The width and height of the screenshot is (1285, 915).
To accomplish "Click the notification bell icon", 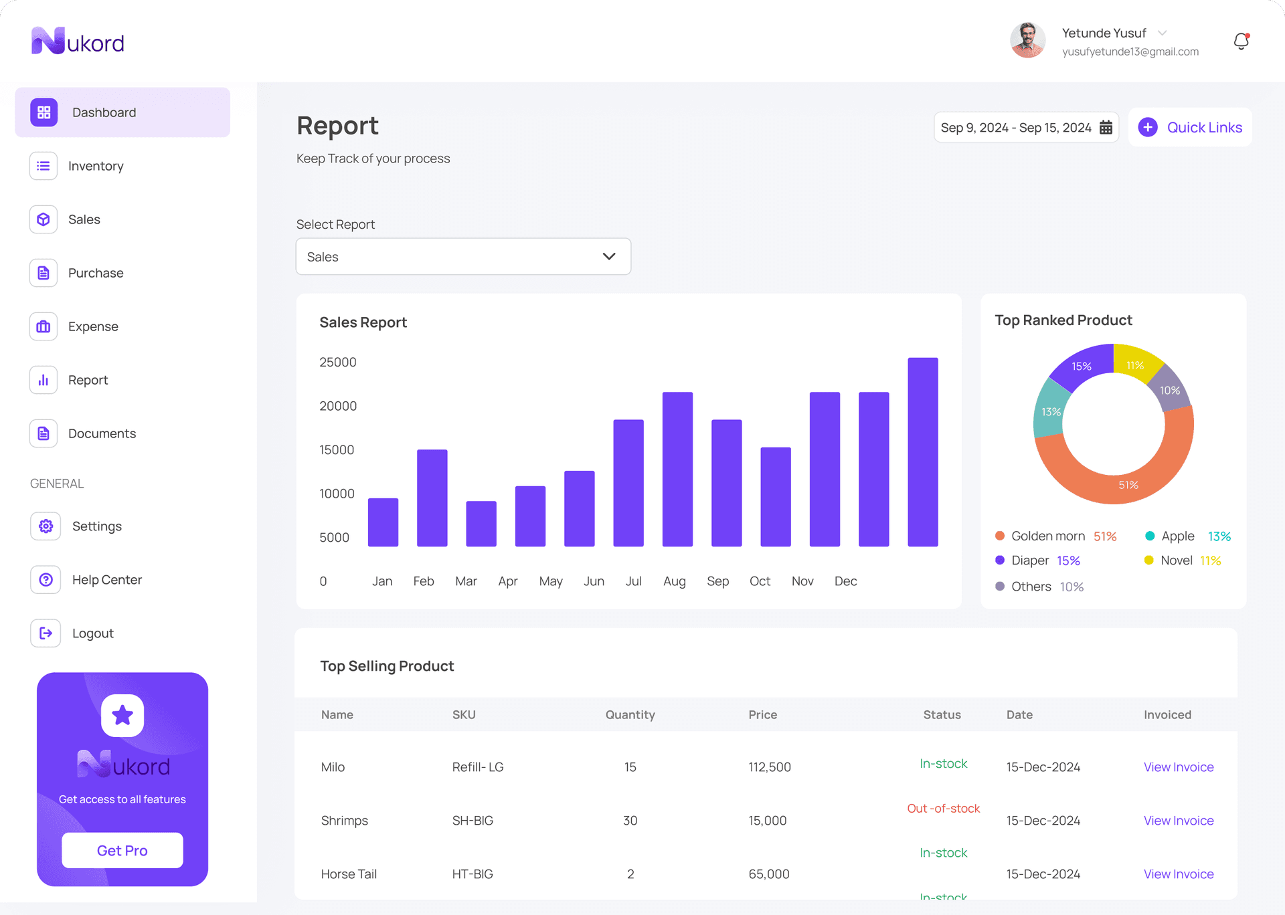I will click(1241, 41).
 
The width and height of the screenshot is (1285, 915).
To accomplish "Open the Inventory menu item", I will click(95, 166).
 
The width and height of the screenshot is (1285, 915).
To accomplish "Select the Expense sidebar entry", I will click(92, 326).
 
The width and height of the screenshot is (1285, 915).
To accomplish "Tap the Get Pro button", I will click(122, 850).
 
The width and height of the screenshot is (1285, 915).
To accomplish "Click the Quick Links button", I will click(1190, 127).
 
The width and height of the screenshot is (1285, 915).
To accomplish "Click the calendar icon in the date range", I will click(1106, 127).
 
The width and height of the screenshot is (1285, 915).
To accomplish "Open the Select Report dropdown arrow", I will click(608, 256).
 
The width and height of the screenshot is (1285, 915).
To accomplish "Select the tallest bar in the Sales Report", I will click(922, 451).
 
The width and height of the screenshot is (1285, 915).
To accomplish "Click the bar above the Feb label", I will click(432, 498).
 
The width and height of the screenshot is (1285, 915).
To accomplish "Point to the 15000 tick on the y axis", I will click(337, 449).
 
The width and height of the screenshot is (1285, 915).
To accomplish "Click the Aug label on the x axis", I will click(674, 581).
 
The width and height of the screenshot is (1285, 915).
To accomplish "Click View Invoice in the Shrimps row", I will click(1178, 821).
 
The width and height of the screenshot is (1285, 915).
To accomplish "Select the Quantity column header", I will click(630, 714).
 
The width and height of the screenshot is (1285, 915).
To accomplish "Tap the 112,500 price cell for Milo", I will click(769, 767).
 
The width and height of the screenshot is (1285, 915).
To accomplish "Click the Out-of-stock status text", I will click(942, 809).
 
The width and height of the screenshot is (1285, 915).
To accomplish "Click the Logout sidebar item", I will click(92, 633).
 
